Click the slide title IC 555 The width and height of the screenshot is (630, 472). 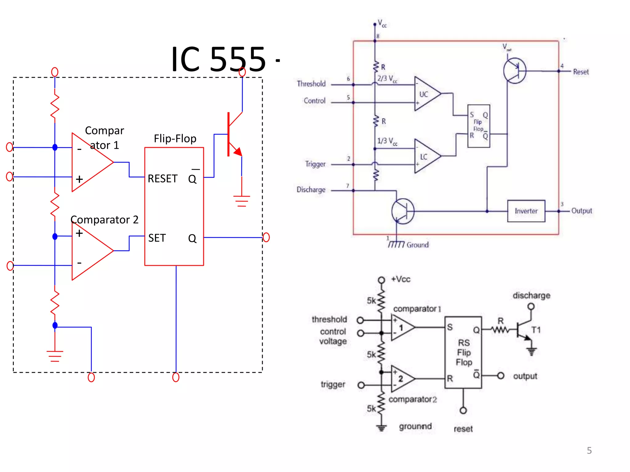coord(218,59)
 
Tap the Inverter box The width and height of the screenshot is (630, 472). coord(526,211)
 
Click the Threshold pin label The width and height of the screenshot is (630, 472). coord(311,84)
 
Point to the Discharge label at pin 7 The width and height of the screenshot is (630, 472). coord(311,190)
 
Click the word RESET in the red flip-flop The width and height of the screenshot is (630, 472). coord(162,179)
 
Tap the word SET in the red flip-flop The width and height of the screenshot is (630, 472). coord(157,238)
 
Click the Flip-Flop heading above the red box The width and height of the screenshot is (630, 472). coord(175,139)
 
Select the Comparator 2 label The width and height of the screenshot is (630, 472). coord(104,220)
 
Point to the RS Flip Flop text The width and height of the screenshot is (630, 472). coord(464,352)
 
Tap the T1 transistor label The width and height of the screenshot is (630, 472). coord(536,330)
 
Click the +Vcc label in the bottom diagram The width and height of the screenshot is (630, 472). coord(401,279)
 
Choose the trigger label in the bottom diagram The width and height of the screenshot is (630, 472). coord(333,384)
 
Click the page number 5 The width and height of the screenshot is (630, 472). coord(589,450)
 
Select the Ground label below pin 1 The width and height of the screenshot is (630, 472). coord(417,245)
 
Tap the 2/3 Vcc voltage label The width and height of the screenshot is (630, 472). coord(387,79)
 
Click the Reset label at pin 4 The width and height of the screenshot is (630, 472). coord(581,72)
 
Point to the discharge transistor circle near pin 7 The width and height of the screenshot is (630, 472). coord(403,211)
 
